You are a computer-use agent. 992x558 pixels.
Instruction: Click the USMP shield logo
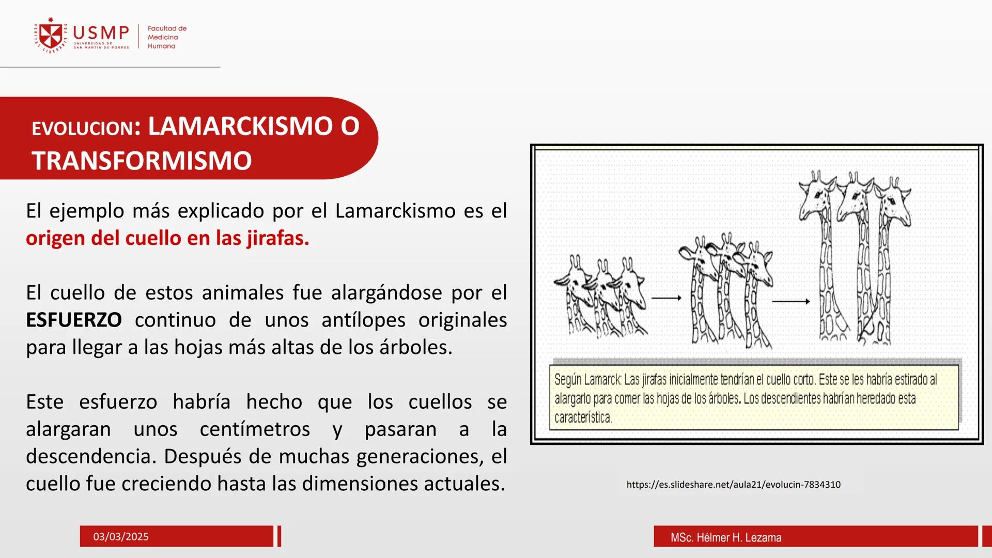(x=51, y=35)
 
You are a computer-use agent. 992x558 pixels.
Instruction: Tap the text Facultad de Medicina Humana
(x=166, y=37)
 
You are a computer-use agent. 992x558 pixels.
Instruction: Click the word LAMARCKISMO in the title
(x=240, y=127)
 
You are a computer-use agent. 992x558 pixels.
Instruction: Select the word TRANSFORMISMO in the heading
(x=142, y=161)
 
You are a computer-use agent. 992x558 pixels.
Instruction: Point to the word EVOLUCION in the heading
(x=83, y=129)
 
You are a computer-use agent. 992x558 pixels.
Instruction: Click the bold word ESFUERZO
(x=74, y=320)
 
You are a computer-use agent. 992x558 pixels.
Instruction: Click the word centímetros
(x=255, y=429)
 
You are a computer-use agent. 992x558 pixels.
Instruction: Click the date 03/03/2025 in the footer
(x=121, y=537)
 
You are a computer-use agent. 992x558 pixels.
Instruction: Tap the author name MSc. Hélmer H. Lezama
(x=726, y=537)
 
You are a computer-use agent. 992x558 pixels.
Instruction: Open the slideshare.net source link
(x=733, y=485)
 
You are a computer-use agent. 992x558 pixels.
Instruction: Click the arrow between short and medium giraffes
(x=666, y=298)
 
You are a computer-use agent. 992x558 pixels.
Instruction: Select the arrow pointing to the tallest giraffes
(x=791, y=301)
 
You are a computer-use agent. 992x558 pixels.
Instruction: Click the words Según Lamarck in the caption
(x=587, y=380)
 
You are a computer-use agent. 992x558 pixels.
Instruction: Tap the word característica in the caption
(x=583, y=417)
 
